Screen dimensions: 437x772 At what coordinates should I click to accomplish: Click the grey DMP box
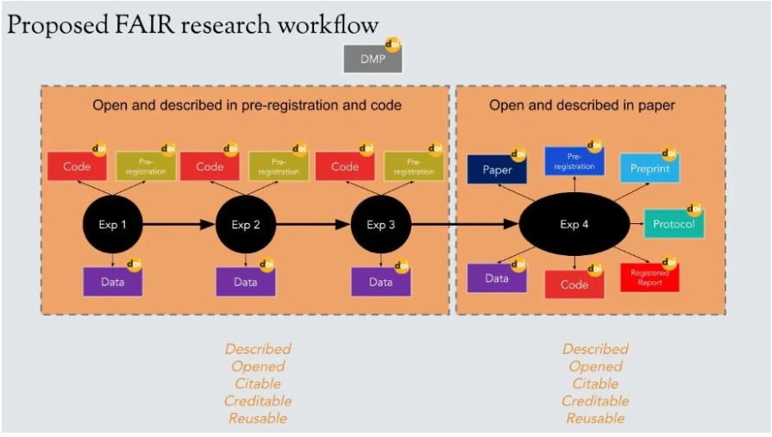tap(372, 59)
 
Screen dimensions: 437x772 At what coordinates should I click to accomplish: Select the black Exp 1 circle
tap(112, 225)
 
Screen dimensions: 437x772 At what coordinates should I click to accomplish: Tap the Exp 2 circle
tap(245, 225)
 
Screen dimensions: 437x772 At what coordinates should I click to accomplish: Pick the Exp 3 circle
tap(380, 225)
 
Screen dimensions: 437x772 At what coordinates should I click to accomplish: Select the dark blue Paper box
tap(496, 170)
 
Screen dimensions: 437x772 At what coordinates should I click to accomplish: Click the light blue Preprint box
tap(649, 168)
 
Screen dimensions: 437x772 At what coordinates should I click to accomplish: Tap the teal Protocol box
tap(674, 223)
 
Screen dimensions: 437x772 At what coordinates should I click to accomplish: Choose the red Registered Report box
tap(649, 278)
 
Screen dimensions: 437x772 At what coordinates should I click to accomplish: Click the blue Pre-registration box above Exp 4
tap(574, 161)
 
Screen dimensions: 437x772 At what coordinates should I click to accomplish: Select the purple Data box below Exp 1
tap(112, 281)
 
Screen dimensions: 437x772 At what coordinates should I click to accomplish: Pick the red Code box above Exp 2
tap(210, 167)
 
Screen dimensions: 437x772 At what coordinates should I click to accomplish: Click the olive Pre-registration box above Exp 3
tap(413, 167)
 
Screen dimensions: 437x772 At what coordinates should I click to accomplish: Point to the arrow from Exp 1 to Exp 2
tap(178, 225)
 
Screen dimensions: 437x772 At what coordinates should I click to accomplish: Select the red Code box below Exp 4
tap(574, 284)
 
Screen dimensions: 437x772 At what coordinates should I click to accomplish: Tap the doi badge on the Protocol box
tap(694, 209)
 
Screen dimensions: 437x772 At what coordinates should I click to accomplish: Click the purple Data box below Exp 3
tap(380, 281)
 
